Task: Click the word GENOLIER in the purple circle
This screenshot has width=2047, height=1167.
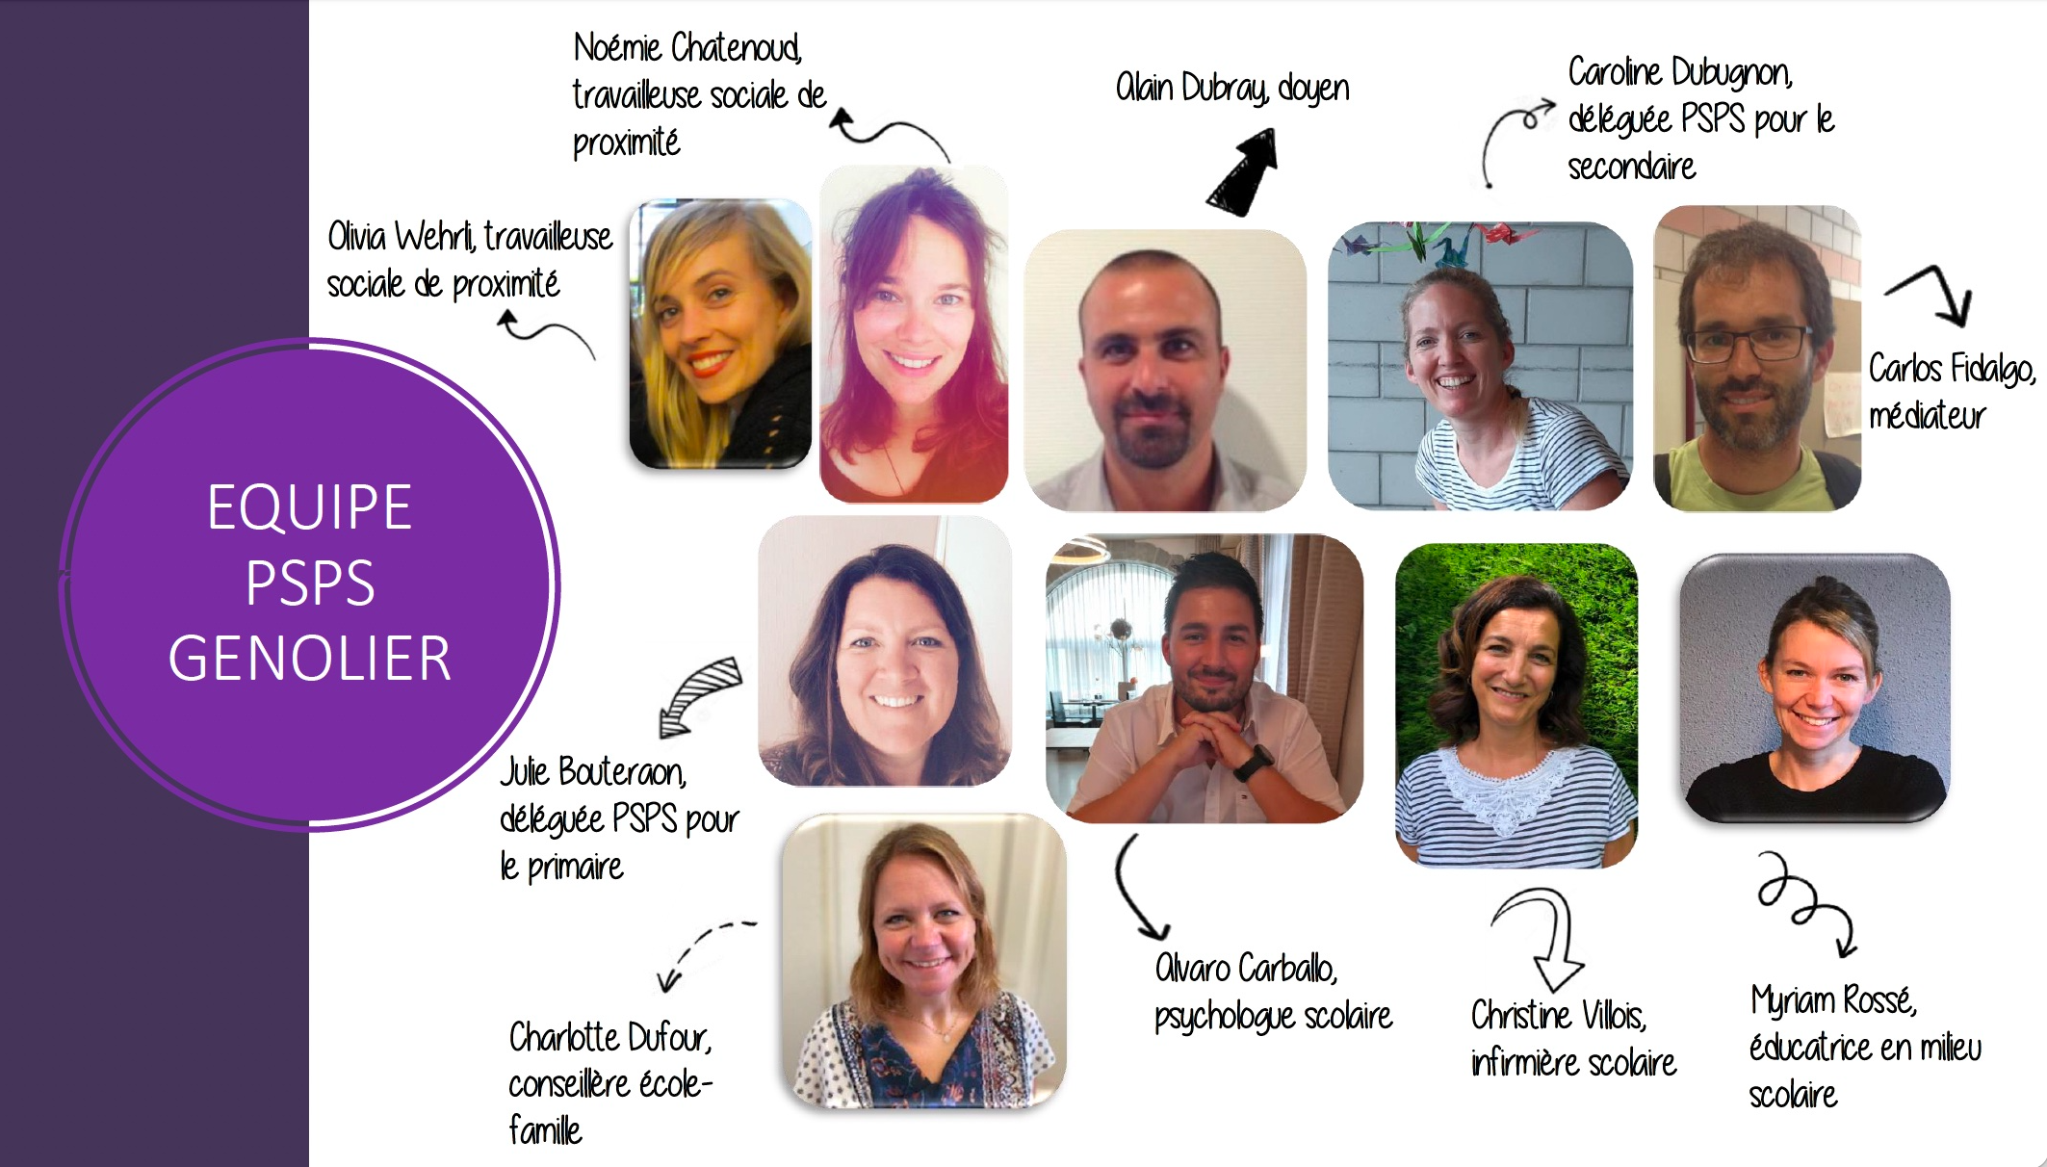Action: [x=309, y=659]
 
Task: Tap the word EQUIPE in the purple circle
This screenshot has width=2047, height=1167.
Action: [x=309, y=507]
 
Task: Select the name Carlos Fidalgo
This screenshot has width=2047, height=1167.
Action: [x=1951, y=369]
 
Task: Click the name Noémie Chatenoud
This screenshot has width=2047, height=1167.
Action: [x=687, y=47]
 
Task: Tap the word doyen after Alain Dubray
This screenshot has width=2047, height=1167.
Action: [x=1313, y=89]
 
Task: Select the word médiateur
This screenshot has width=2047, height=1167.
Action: [x=1927, y=416]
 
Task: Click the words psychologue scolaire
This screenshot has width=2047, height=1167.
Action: [x=1273, y=1017]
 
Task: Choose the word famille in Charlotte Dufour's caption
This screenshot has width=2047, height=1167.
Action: [x=545, y=1130]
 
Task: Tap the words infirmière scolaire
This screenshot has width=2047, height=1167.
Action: [x=1573, y=1063]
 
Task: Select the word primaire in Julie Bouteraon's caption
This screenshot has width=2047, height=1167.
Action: [x=575, y=868]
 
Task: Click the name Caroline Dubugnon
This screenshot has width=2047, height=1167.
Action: [x=1679, y=73]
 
